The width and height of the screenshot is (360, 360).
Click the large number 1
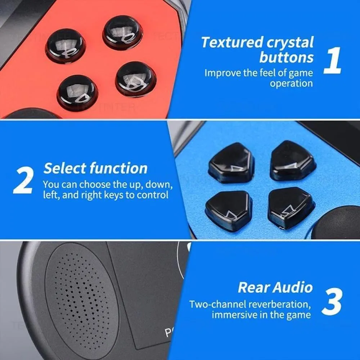[332, 60]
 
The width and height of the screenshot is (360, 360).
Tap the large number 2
[23, 180]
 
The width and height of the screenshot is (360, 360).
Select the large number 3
[332, 301]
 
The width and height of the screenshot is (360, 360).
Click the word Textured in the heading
[232, 42]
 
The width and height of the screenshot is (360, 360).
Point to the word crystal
[290, 43]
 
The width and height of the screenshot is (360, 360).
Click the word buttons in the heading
[286, 57]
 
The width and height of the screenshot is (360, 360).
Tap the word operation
[291, 84]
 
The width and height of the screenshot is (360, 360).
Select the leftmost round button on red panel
[66, 46]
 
